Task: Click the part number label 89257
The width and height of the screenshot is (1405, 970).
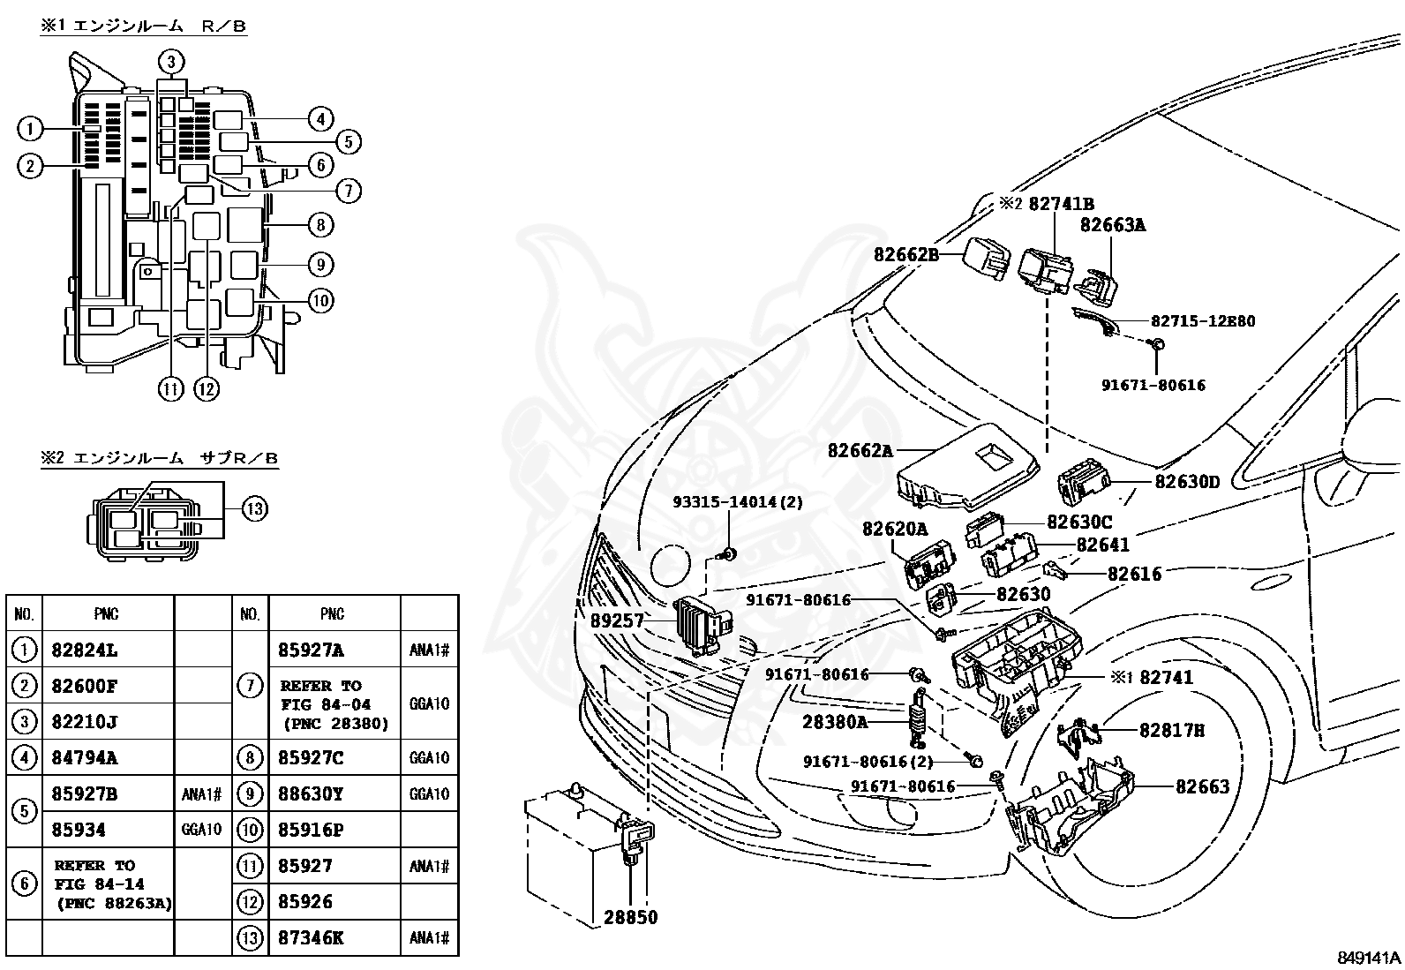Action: (x=617, y=621)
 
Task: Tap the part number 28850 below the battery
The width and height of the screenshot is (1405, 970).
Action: (x=630, y=917)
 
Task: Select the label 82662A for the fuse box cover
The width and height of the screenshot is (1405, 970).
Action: (x=860, y=450)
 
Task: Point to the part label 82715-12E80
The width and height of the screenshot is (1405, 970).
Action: (x=1202, y=321)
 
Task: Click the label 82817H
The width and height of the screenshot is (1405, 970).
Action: (x=1172, y=730)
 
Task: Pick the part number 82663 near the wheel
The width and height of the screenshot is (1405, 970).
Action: (x=1202, y=786)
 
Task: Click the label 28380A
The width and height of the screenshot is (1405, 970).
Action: (x=835, y=721)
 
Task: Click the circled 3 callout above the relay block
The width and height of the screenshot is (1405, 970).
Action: (x=172, y=61)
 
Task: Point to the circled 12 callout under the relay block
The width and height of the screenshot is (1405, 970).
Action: (x=206, y=387)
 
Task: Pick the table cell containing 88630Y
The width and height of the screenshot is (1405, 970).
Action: (x=311, y=793)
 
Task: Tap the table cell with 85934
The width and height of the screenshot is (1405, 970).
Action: (x=79, y=830)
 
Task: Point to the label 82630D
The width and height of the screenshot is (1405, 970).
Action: (x=1187, y=482)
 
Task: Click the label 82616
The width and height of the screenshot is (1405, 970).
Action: (x=1134, y=574)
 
